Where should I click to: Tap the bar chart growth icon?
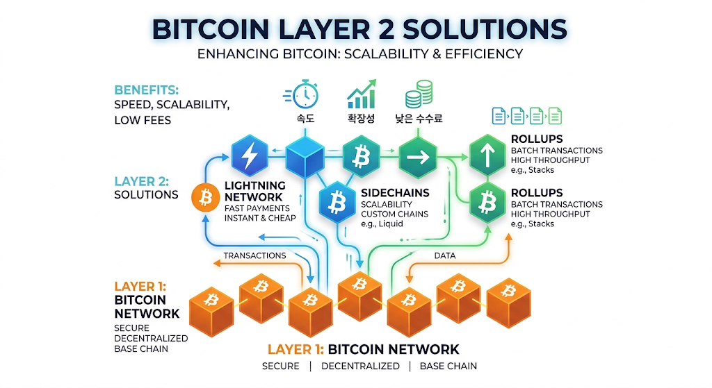click(362, 94)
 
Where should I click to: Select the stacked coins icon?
click(419, 94)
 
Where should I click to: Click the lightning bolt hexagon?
click(250, 156)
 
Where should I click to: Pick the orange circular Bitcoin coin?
click(206, 198)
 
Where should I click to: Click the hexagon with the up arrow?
click(487, 155)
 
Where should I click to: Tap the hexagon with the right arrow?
click(418, 158)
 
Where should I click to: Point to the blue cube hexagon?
click(305, 157)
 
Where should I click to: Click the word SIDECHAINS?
click(395, 193)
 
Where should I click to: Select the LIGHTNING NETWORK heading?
click(254, 192)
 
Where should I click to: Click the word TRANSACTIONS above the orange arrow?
click(254, 255)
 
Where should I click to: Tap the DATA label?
click(445, 255)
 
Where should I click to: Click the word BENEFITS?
click(146, 90)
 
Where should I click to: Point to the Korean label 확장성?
click(362, 118)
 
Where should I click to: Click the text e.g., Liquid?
click(382, 224)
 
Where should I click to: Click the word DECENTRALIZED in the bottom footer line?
click(361, 366)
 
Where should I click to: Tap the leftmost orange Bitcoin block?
click(211, 311)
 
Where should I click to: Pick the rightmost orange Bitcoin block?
click(508, 303)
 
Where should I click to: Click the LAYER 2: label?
click(142, 181)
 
